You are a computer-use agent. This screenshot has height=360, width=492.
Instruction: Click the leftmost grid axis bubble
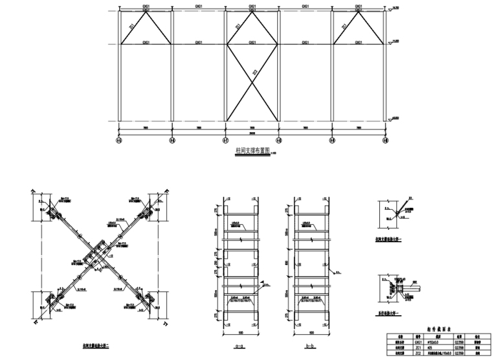pyautogui.click(x=118, y=140)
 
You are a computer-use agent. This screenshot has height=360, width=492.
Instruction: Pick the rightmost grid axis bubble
pyautogui.click(x=385, y=140)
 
